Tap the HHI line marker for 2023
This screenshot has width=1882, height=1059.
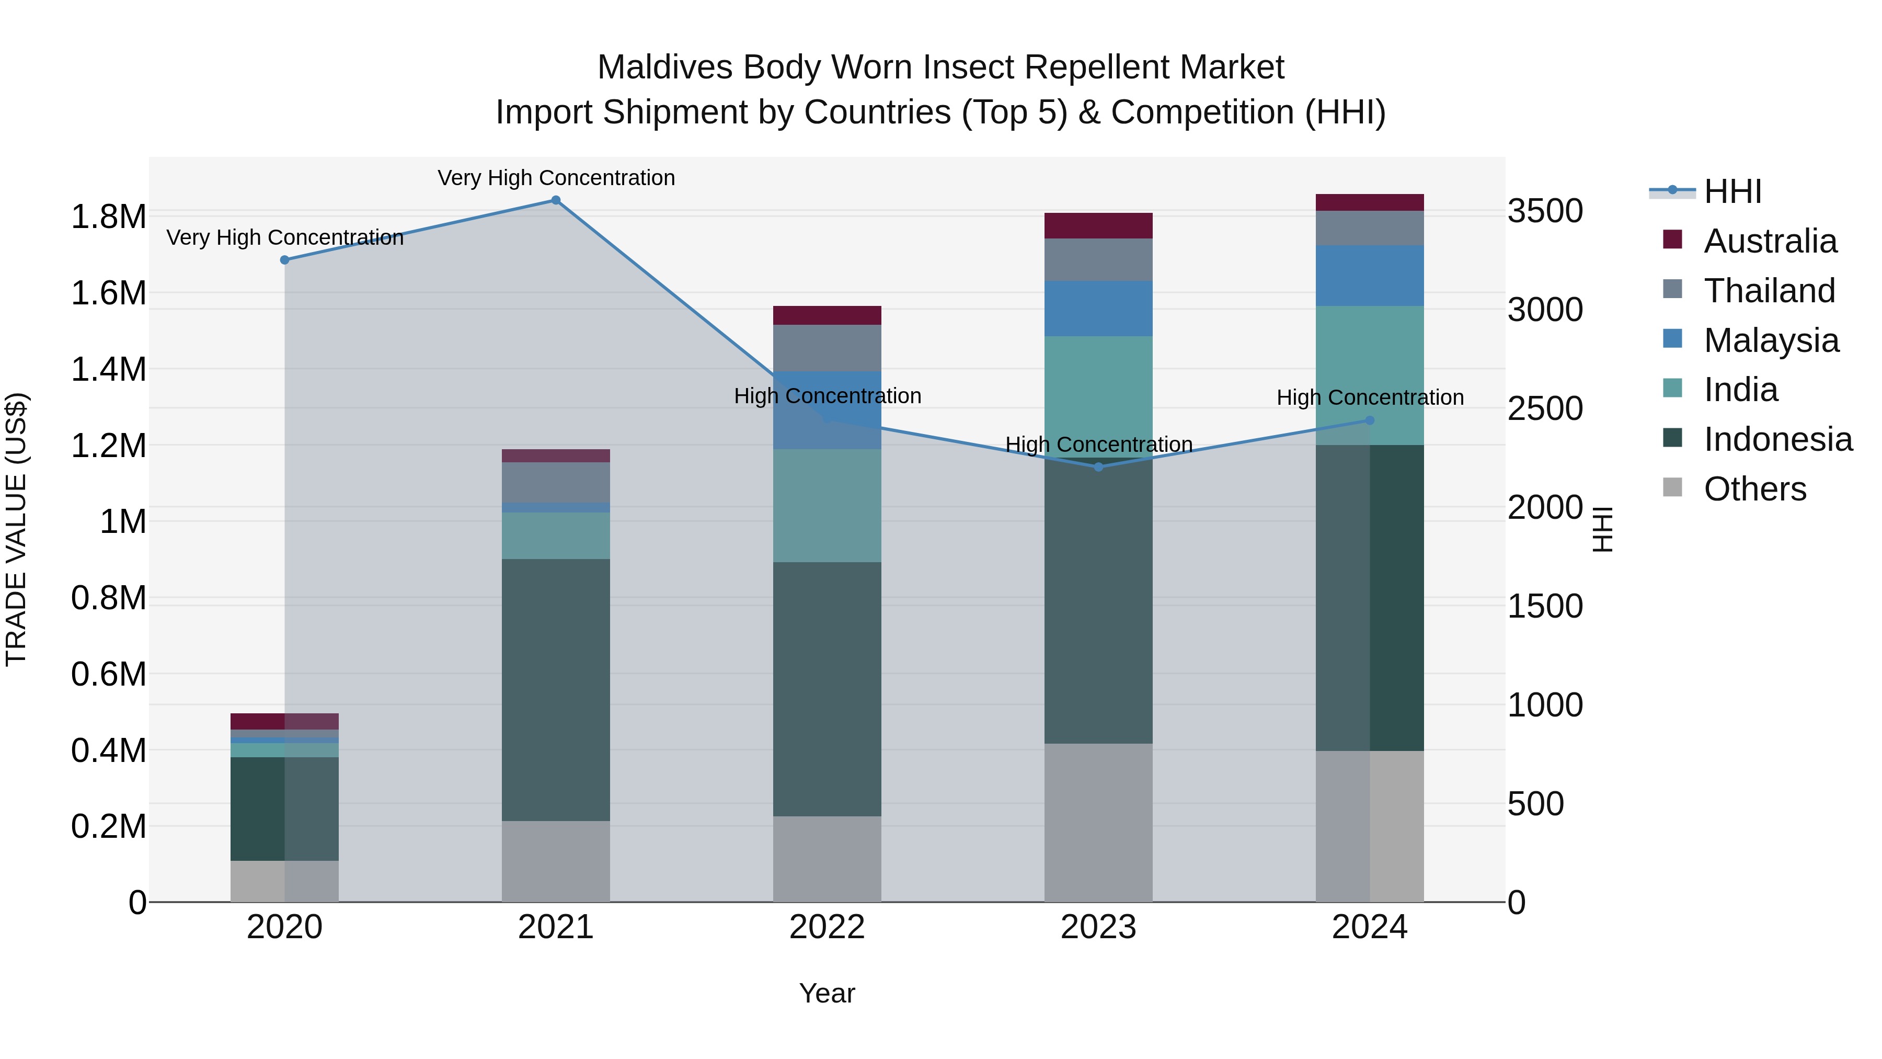coord(1098,467)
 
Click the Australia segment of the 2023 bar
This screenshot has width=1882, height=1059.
coord(1098,226)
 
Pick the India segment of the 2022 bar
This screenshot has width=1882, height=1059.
coord(827,506)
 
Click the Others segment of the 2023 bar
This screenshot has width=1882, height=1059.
coord(1098,823)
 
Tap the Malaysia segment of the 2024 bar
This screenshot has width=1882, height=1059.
coord(1369,276)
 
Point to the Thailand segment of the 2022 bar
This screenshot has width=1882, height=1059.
coord(827,348)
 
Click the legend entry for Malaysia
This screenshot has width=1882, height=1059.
coord(1771,340)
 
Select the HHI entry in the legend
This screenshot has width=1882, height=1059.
coord(1732,191)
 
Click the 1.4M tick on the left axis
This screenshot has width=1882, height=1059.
coord(108,370)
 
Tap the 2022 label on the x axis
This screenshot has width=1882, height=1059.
coord(827,927)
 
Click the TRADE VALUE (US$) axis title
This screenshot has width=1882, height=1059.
coord(17,529)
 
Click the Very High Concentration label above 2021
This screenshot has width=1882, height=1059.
coord(556,178)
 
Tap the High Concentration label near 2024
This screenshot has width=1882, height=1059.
coord(1370,397)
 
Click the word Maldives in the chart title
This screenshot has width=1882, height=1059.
coord(665,68)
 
